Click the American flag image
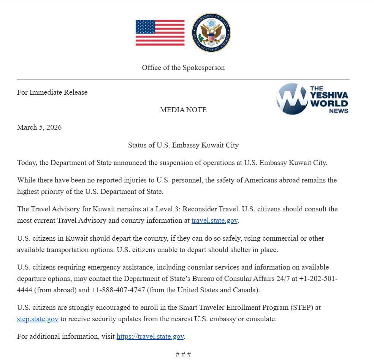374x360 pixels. [160, 33]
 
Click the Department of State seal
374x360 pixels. [211, 33]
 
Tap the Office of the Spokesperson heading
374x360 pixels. [183, 68]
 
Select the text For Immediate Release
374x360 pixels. [52, 92]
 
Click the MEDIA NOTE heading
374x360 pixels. [183, 110]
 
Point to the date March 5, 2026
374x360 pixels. [39, 127]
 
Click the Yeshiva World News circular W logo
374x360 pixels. [292, 99]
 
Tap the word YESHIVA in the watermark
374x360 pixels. [329, 95]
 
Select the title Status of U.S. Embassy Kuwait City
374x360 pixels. [183, 145]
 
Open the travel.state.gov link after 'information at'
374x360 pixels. [214, 220]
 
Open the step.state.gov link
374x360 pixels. [38, 319]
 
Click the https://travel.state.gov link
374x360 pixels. [150, 336]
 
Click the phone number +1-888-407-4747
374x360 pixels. [118, 290]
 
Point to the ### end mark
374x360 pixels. [183, 354]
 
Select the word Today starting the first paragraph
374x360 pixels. [27, 163]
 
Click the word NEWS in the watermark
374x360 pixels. [339, 111]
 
